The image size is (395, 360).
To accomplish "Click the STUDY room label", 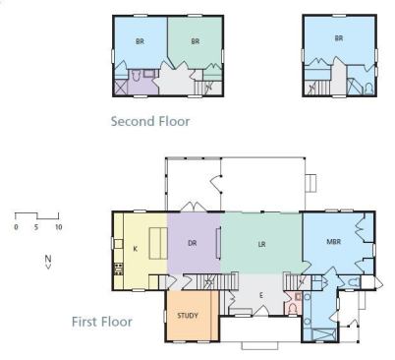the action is click(188, 316).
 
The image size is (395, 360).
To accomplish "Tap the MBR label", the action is click(334, 242).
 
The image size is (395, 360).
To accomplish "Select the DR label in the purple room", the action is click(193, 243).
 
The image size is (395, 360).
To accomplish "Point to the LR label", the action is click(261, 244).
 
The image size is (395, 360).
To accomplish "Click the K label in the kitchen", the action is click(136, 249).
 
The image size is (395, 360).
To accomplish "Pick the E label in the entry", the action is click(261, 295).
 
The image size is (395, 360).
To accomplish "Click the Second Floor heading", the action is click(150, 121).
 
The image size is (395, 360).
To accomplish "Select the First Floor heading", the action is click(102, 322).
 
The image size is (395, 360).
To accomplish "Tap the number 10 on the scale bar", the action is click(58, 227).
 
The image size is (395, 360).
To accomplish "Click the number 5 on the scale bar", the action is click(36, 227).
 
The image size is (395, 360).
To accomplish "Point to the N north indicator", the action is click(48, 262).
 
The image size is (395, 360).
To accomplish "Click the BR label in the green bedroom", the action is click(196, 41).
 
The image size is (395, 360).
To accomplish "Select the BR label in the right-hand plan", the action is click(339, 38).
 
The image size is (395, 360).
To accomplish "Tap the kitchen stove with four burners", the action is click(118, 269).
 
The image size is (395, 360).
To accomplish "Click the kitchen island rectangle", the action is click(158, 244).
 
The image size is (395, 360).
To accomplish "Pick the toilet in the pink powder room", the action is click(294, 308).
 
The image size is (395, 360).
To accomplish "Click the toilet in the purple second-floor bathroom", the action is click(136, 76).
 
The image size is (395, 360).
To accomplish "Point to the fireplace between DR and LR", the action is click(218, 244).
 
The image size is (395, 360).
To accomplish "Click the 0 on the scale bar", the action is click(16, 227).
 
